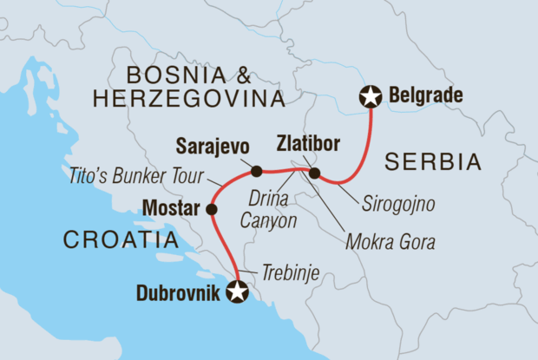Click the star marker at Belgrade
click(372, 95)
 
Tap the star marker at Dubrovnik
click(236, 293)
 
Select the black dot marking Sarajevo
click(256, 170)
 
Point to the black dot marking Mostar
click(212, 209)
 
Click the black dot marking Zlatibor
click(314, 173)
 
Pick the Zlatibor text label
click(308, 141)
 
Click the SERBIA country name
click(433, 161)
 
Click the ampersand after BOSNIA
click(251, 74)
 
